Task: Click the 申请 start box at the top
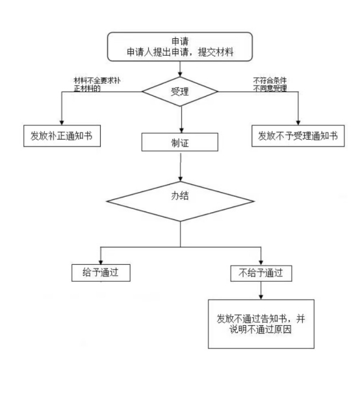179,47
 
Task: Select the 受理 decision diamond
180,92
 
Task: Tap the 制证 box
179,142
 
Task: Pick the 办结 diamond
180,201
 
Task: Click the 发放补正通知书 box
62,136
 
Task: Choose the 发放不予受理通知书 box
298,136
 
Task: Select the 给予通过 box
101,273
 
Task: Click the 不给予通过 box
261,273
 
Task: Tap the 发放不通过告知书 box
261,324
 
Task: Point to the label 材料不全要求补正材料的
97,84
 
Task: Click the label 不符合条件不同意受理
270,84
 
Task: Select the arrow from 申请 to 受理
180,69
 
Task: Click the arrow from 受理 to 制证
181,119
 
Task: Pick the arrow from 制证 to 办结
181,167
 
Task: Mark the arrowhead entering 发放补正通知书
62,123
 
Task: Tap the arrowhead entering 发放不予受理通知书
298,123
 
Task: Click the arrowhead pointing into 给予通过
101,262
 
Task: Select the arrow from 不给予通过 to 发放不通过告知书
261,291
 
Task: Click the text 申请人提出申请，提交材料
180,52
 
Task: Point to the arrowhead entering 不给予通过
261,263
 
